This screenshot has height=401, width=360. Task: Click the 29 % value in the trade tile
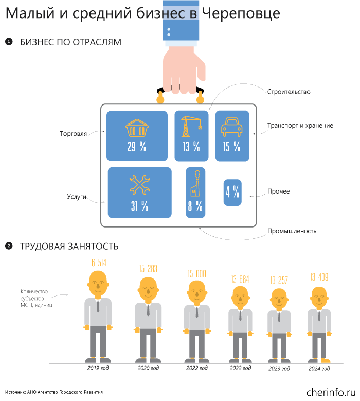click(x=137, y=147)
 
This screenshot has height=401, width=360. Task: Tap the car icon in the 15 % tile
click(x=232, y=127)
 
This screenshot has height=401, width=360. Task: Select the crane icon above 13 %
click(x=191, y=126)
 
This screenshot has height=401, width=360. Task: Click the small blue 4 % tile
click(x=232, y=193)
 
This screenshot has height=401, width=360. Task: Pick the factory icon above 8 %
click(x=195, y=184)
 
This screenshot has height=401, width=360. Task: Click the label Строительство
click(x=289, y=92)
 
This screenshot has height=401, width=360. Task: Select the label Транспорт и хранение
click(x=300, y=125)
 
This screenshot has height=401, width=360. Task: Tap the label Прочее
click(x=278, y=191)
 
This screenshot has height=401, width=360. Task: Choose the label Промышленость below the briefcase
click(x=292, y=231)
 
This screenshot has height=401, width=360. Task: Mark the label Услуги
click(x=76, y=196)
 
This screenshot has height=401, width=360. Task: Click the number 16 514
click(x=98, y=263)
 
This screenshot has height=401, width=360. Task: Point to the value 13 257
click(x=279, y=281)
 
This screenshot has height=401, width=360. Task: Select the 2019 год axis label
click(x=98, y=368)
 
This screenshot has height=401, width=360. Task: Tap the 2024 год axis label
click(x=319, y=369)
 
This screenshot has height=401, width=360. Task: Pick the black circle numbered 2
click(x=9, y=246)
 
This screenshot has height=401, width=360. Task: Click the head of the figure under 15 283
click(x=148, y=289)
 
